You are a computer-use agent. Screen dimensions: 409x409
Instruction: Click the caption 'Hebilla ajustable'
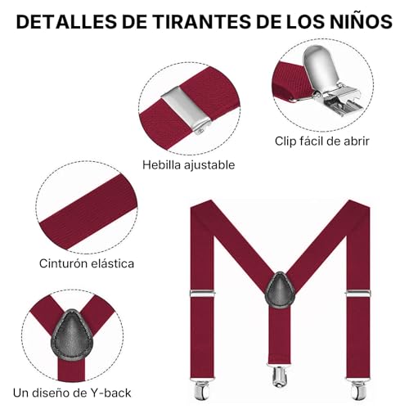coord(188,164)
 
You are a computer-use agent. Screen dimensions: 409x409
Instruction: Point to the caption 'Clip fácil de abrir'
coord(321,141)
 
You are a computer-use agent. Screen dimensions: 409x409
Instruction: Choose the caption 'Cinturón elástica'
coord(87,263)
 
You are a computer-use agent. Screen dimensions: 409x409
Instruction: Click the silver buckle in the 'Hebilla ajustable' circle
coord(181,107)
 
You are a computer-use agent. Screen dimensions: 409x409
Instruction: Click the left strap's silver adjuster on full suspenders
coord(200,293)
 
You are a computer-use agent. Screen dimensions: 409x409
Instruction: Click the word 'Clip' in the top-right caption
coord(286,141)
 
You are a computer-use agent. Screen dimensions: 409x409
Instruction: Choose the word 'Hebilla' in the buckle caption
coord(160,164)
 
